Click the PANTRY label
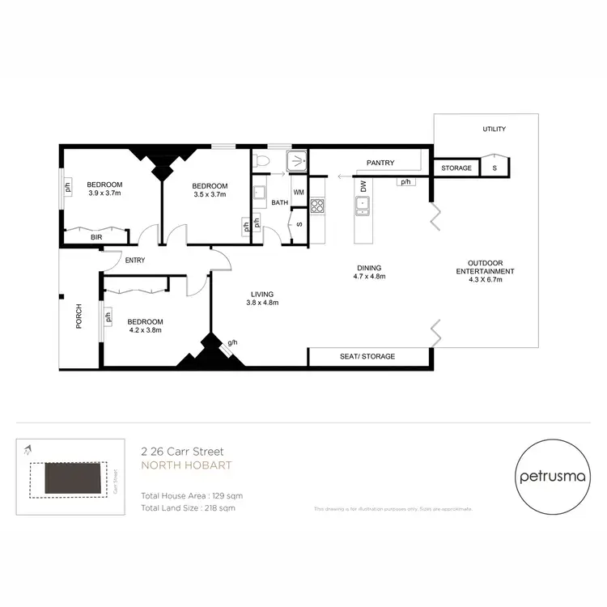(x=380, y=163)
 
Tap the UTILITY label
(x=494, y=129)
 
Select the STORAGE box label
(x=456, y=168)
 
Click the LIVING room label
(x=261, y=294)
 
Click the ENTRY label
(x=134, y=260)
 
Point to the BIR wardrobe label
(x=96, y=237)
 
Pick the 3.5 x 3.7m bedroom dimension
(x=210, y=194)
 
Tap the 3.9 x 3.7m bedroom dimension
(x=104, y=194)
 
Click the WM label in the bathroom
(x=299, y=193)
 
